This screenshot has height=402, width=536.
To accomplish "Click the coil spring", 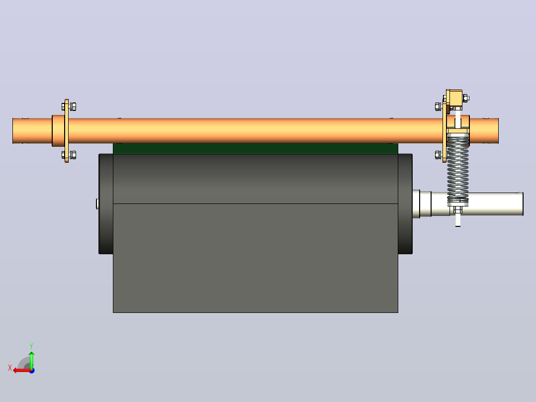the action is click(458, 168).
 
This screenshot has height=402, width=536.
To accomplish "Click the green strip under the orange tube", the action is click(256, 148).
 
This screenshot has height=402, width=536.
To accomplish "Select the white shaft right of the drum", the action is click(477, 204).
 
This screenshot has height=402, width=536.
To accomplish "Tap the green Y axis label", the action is click(31, 346).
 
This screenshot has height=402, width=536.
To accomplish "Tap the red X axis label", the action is click(10, 368).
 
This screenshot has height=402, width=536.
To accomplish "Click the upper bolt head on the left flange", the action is click(73, 107).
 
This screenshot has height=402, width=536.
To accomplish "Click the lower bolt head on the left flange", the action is click(73, 155).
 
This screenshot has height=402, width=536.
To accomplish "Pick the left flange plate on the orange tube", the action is click(66, 131).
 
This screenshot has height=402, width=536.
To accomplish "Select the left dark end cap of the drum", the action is click(106, 204).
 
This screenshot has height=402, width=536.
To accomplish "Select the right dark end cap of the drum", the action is click(405, 204).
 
